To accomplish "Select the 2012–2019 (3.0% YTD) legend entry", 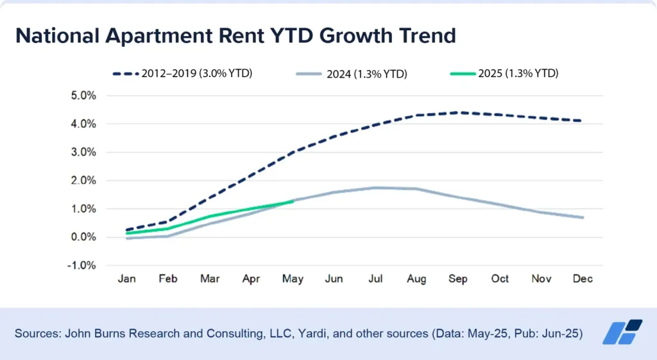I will click(183, 73).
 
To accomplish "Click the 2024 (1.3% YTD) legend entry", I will click(352, 74).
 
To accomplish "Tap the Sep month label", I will click(458, 279).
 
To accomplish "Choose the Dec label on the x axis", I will click(583, 279).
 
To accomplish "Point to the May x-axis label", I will click(293, 279).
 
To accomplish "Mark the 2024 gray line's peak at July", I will click(376, 187).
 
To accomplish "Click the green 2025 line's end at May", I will click(293, 201).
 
